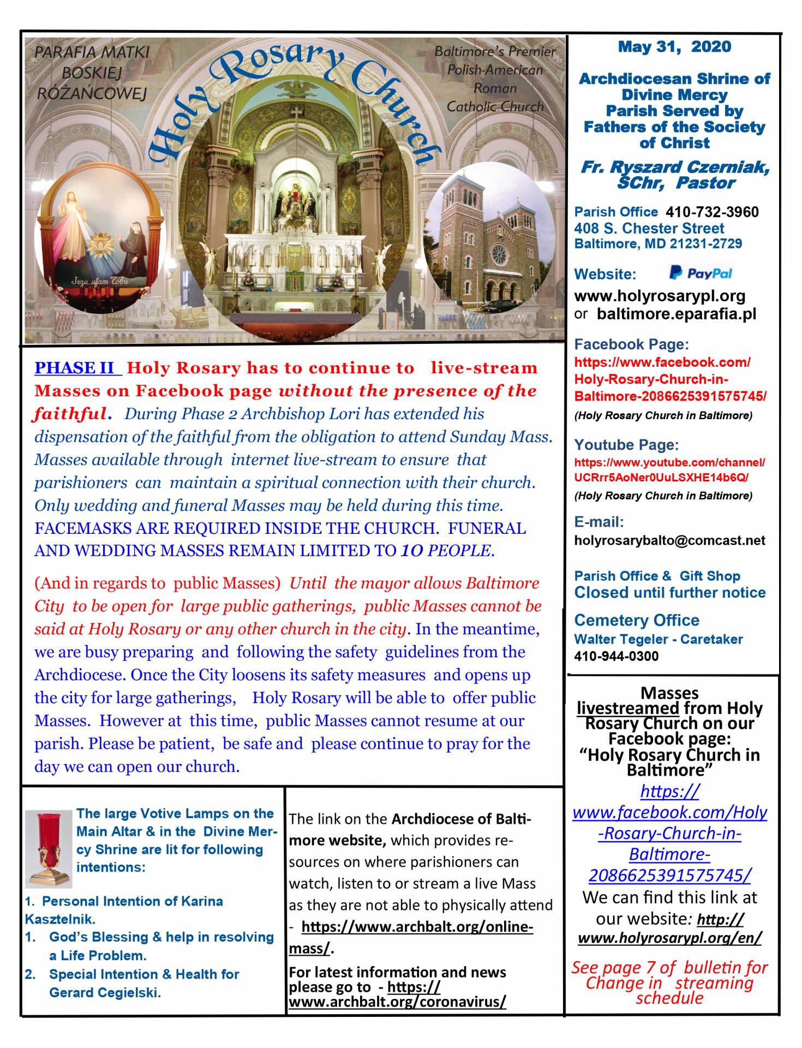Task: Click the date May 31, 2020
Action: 674,47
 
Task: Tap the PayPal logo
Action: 701,273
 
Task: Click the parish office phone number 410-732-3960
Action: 712,212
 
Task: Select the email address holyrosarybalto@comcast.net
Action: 670,541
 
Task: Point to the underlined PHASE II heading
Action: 77,368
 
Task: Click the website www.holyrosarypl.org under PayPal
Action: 660,296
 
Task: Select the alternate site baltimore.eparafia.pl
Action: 677,314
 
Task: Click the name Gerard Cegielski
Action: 105,992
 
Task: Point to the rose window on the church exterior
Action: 499,254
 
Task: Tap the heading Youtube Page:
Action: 626,445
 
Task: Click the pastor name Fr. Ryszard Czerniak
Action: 674,168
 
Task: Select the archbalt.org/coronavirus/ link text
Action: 397,1002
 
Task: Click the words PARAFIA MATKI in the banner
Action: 92,52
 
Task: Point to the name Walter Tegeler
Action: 615,639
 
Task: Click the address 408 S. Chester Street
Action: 649,229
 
